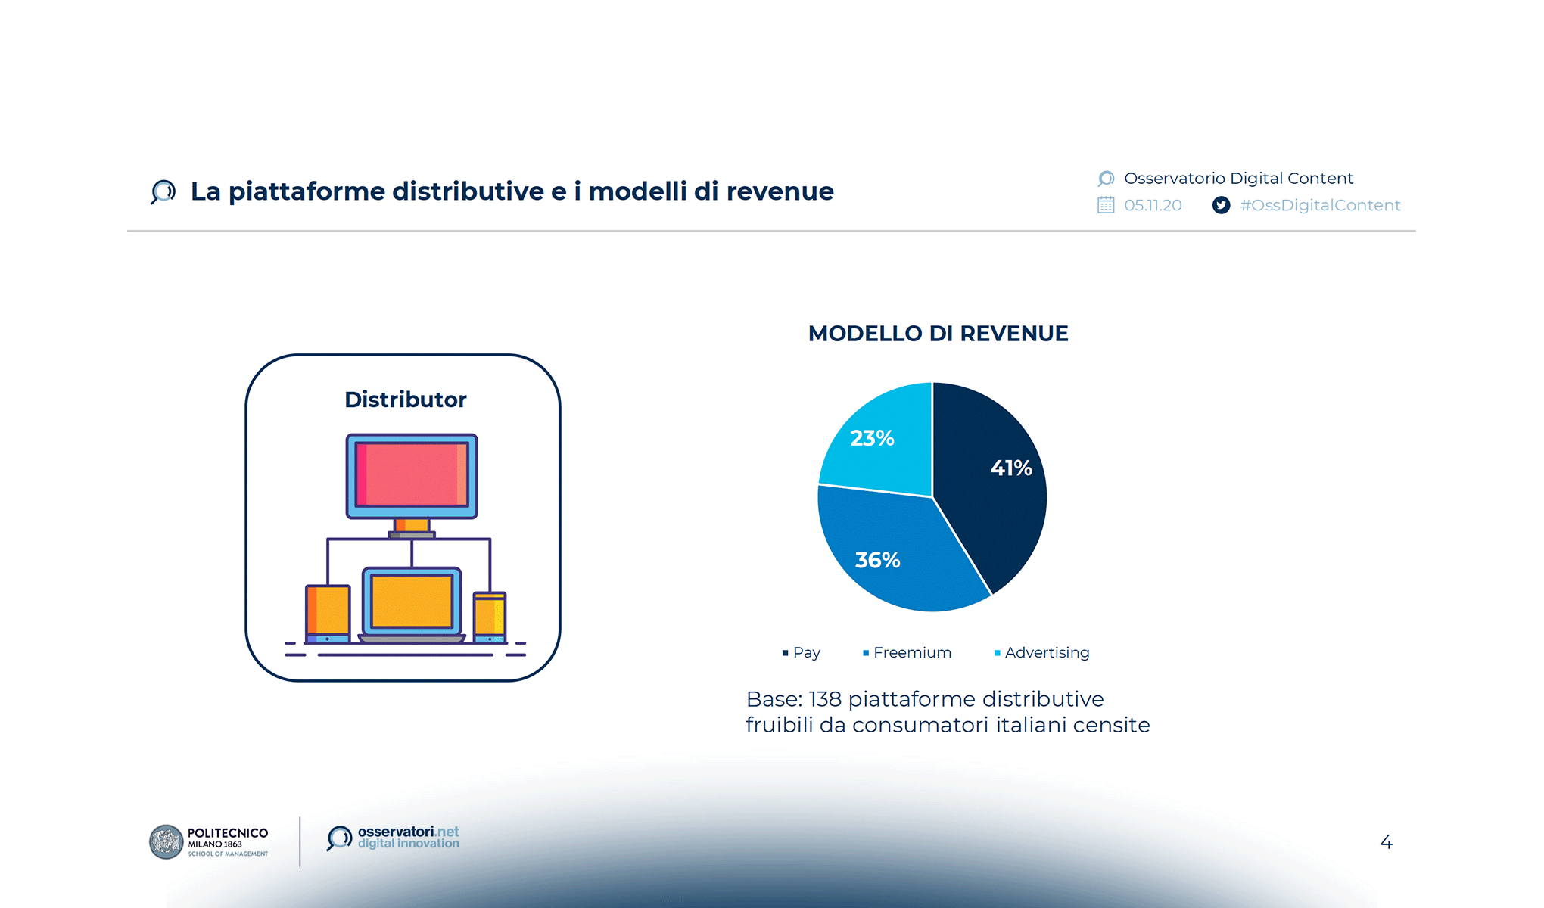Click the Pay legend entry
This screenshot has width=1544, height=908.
point(802,652)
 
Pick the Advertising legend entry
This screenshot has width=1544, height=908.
point(1042,652)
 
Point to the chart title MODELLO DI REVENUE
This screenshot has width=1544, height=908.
point(938,334)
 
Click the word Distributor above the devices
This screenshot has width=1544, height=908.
point(405,400)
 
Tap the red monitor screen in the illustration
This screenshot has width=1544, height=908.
point(411,474)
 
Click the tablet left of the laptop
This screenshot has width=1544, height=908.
point(328,611)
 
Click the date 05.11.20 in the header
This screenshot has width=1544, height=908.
point(1153,205)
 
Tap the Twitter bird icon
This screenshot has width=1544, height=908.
point(1221,205)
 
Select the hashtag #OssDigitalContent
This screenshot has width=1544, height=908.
point(1320,205)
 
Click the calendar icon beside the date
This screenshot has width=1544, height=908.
point(1106,205)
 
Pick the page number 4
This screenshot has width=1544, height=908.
point(1386,842)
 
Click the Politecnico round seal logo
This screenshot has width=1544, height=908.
point(167,842)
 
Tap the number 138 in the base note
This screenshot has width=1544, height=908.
point(824,699)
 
